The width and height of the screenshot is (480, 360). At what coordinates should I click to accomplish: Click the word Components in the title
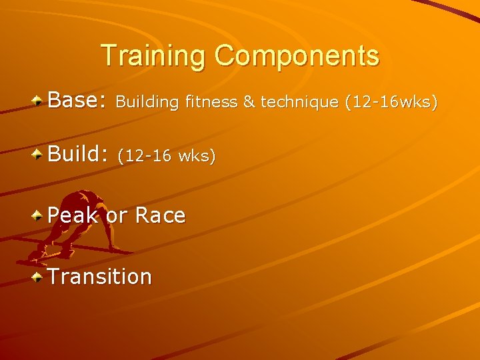297,56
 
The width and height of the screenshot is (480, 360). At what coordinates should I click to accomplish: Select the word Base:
77,101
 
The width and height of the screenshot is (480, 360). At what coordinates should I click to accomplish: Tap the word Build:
77,155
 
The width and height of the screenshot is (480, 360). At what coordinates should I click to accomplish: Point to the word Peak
73,215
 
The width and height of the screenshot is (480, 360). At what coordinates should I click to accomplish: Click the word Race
160,215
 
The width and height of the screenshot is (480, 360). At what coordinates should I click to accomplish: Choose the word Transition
100,276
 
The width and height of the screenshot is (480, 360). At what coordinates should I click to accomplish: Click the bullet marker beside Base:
39,101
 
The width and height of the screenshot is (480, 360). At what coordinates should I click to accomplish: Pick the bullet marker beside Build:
39,155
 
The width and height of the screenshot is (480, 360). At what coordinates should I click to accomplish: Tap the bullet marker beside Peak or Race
39,216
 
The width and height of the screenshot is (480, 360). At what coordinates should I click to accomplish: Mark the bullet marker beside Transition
39,277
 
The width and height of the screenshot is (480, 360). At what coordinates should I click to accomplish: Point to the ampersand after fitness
249,102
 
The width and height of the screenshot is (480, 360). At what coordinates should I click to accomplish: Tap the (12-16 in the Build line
145,156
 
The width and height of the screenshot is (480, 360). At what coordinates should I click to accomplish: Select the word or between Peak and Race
117,216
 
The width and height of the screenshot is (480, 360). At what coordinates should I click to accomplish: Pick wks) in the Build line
197,156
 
